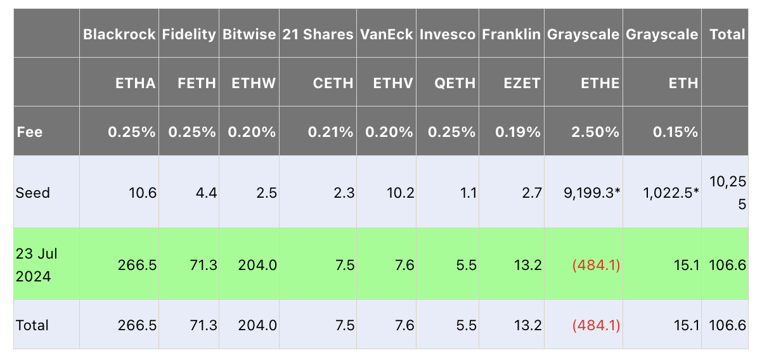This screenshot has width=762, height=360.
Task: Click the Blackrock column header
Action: point(119,34)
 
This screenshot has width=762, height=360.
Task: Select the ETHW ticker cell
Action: point(254,83)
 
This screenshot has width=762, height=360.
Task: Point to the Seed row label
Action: point(33,193)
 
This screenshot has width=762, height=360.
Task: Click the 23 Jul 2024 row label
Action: point(37,264)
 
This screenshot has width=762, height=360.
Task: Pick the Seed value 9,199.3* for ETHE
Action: point(590,193)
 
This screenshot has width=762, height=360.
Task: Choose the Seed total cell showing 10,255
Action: point(727,193)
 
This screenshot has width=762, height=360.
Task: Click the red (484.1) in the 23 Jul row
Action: point(596,265)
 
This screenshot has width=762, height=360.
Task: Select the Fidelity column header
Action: point(189,34)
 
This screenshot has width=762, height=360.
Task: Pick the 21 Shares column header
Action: point(318,34)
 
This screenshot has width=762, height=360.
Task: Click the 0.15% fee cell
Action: point(675,132)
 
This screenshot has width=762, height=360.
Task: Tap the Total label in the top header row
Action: point(727,34)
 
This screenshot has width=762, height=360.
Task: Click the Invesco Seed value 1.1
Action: point(469,193)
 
